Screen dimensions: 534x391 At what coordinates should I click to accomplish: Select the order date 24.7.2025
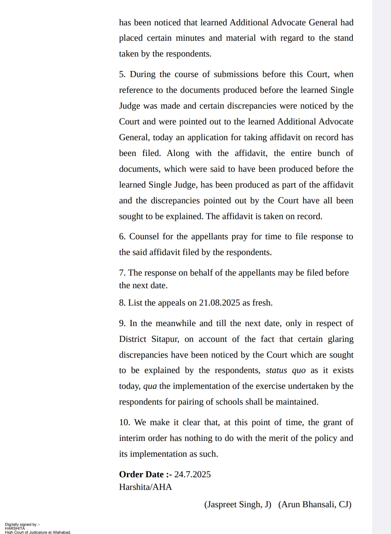click(192, 474)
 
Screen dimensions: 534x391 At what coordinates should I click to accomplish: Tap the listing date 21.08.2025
click(219, 303)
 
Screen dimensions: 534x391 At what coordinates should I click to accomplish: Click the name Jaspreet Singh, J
click(238, 504)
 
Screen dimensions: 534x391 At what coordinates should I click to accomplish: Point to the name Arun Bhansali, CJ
click(315, 504)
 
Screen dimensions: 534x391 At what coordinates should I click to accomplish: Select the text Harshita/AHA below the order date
click(145, 487)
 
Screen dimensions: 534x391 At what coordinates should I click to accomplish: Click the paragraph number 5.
click(122, 74)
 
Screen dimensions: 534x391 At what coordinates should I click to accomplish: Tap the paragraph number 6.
click(122, 236)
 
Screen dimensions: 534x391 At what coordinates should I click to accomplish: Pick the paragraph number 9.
click(122, 323)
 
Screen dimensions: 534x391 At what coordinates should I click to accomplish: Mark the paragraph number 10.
click(124, 422)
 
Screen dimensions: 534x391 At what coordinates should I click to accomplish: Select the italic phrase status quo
click(285, 370)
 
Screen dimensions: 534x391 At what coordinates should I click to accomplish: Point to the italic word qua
click(150, 386)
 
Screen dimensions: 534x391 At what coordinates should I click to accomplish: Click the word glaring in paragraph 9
click(341, 339)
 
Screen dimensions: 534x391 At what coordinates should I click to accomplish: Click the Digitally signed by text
click(22, 525)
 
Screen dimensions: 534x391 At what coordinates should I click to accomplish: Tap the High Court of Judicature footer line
click(38, 532)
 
